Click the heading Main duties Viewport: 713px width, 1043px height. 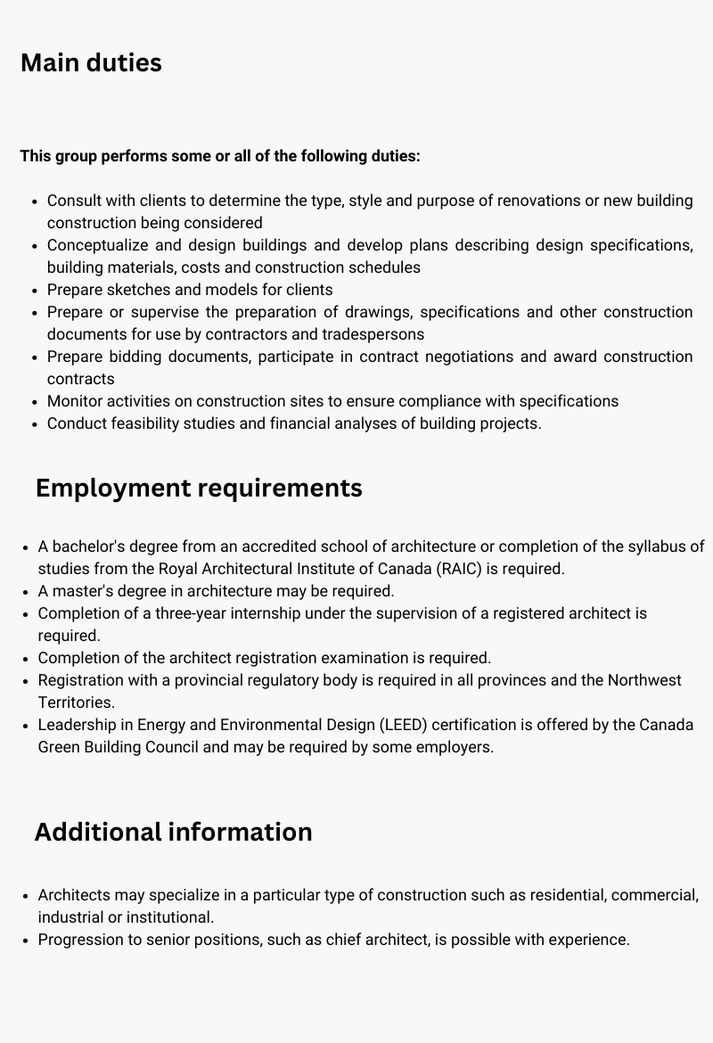(91, 63)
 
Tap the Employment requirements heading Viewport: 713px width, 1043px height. (199, 489)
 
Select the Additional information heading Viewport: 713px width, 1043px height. (173, 832)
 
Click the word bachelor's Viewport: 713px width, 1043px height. (86, 546)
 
